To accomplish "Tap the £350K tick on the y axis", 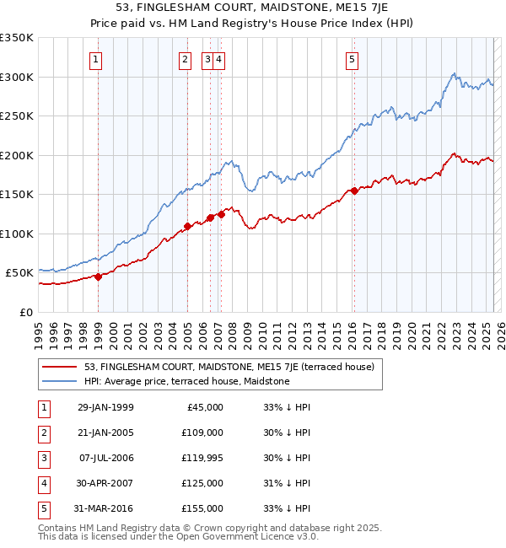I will point(17,38).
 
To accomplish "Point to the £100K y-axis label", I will point(17,234).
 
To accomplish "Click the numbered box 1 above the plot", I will point(97,59).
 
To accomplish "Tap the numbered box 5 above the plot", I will point(351,59).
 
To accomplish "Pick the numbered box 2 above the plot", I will point(184,59).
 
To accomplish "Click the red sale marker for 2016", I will point(355,191).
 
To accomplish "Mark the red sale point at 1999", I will point(98,277).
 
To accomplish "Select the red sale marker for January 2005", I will point(187,227).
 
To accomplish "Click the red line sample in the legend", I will point(59,367).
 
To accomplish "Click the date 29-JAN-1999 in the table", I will point(105,407).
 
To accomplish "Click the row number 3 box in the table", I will point(44,458).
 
